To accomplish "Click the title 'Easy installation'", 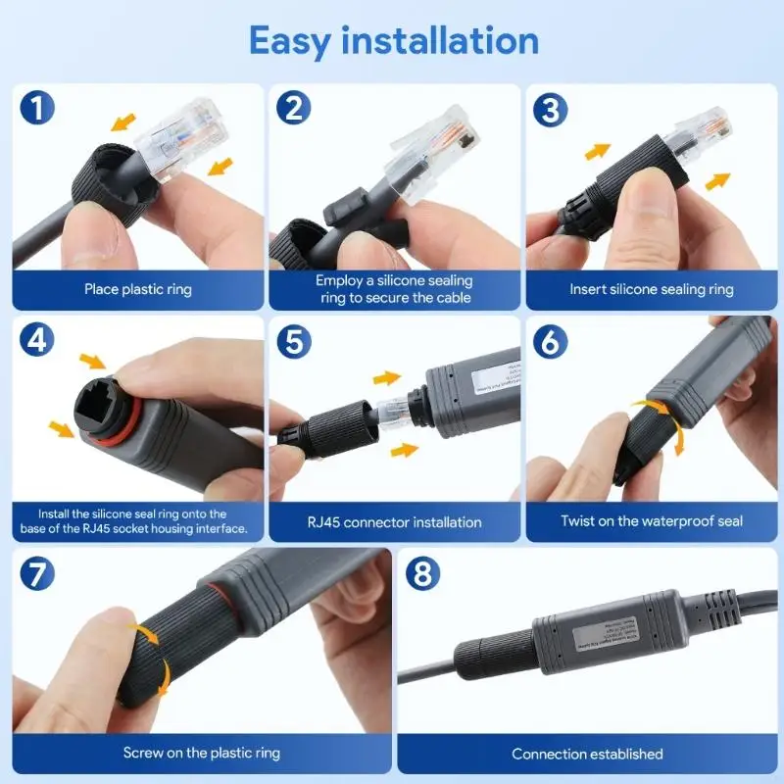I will (393, 41).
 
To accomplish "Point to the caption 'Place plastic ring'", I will (138, 289).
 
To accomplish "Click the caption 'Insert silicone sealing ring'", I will (652, 289).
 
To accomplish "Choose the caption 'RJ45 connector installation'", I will (394, 521).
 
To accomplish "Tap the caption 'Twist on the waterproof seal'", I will (652, 521).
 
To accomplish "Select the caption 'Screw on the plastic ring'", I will (202, 753).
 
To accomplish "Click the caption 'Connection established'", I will (587, 754).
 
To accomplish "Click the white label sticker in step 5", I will (489, 378).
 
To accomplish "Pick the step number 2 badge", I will (294, 108).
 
